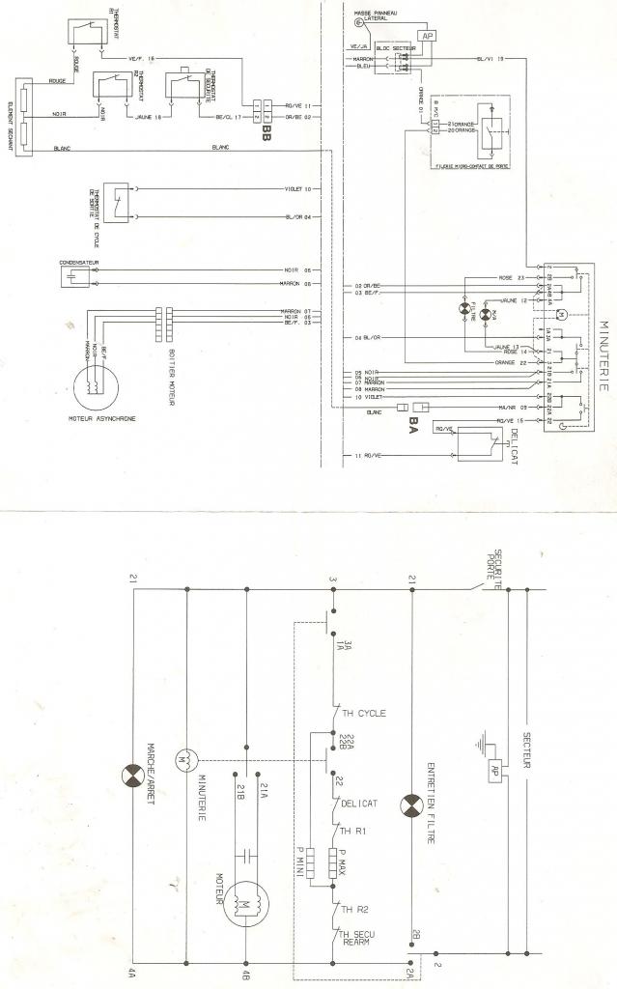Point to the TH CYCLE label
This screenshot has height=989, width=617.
pyautogui.click(x=363, y=714)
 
